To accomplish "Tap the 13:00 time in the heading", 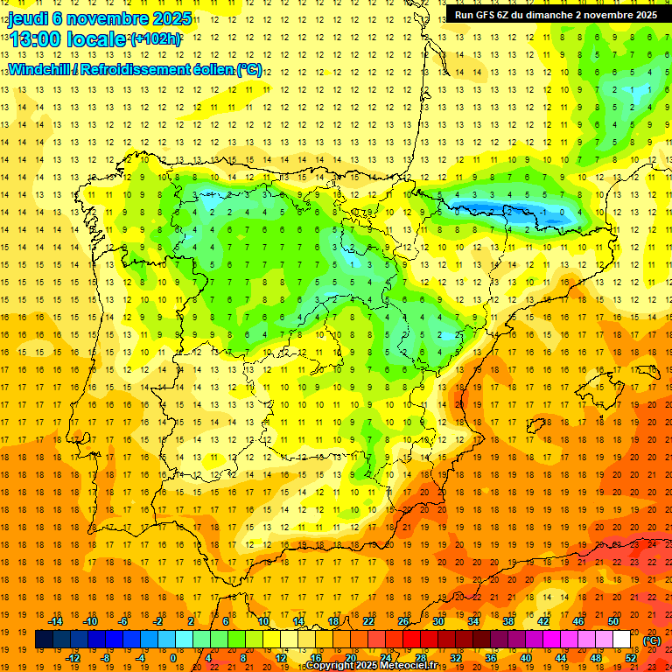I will [34, 39].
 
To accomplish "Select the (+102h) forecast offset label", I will [156, 39].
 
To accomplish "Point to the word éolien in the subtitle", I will [208, 70].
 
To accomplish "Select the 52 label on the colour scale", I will [630, 658].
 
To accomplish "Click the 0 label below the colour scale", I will [172, 658].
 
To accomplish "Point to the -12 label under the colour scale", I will [73, 658].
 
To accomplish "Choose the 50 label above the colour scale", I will [612, 621].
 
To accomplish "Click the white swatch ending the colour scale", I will [622, 640].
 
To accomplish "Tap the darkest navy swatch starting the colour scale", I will [44, 640].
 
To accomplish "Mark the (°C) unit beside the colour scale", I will [652, 640].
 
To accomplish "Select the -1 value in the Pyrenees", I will [544, 212].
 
